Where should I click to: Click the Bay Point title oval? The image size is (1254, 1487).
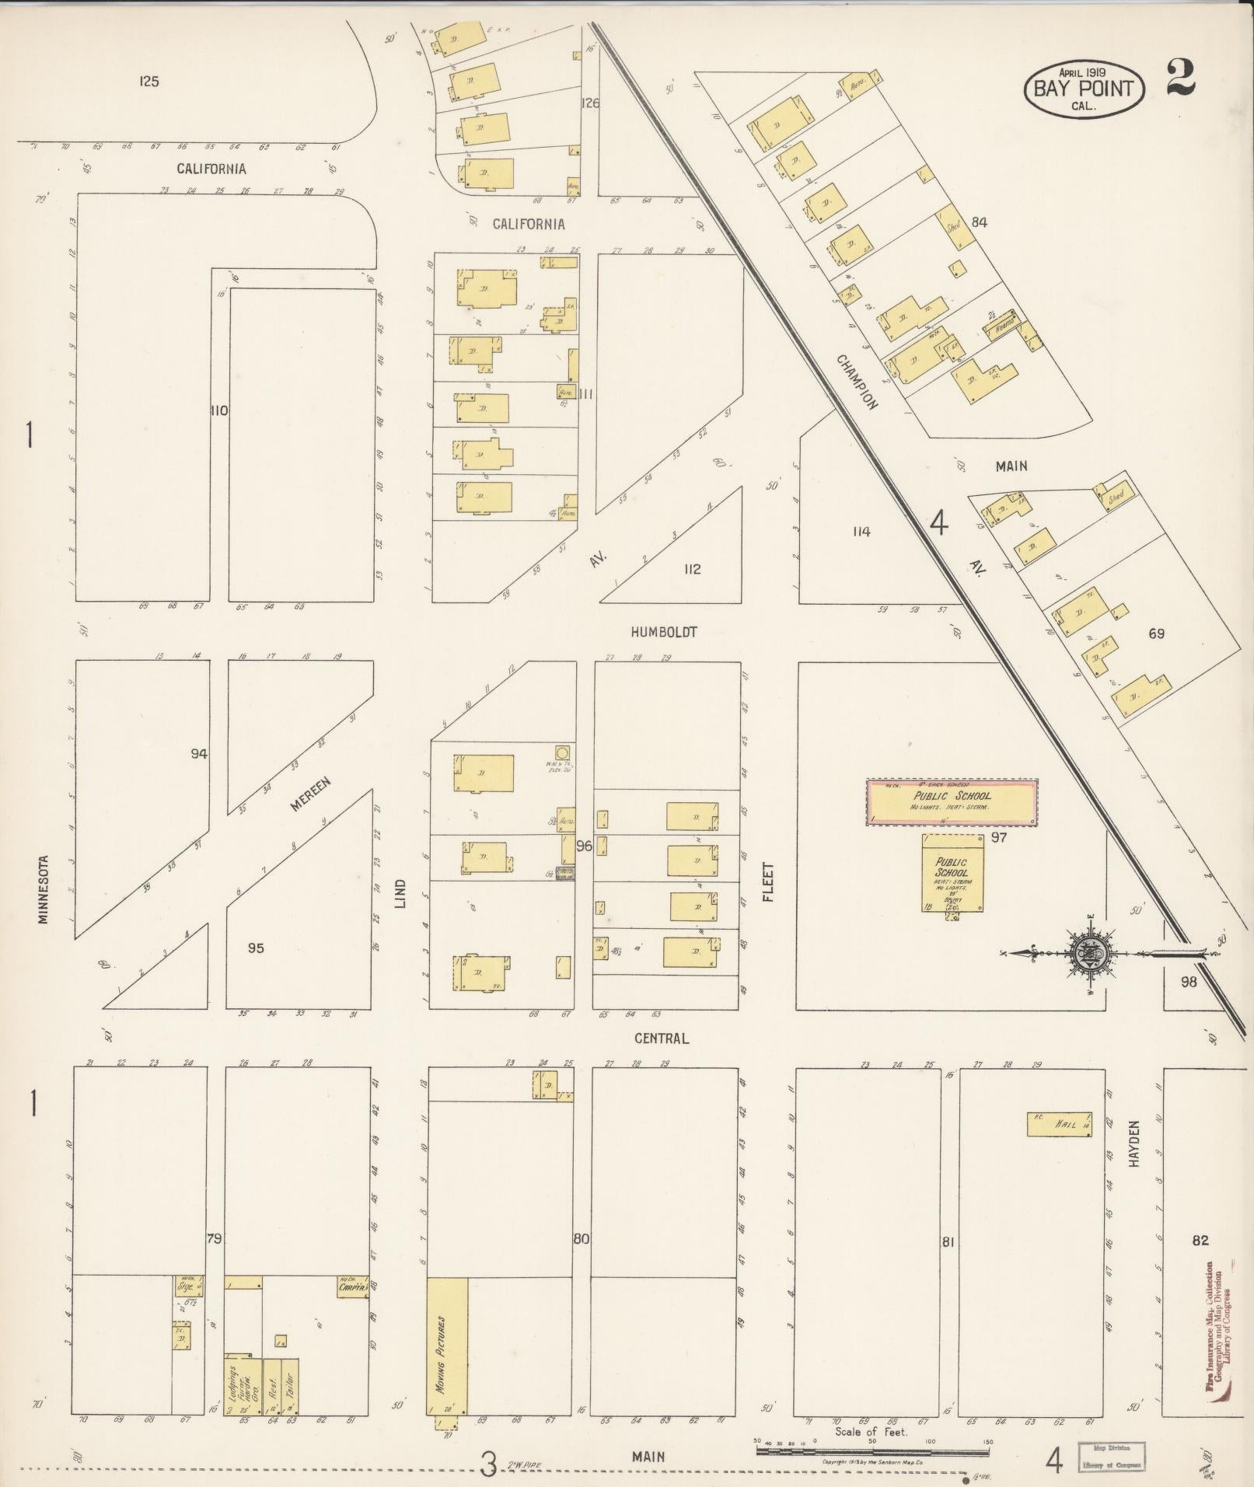click(1083, 89)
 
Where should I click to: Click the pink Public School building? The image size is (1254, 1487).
click(952, 803)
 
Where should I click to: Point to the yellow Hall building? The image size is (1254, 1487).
click(1059, 1146)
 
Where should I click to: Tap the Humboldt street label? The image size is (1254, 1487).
click(663, 632)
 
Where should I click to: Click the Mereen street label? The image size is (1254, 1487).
click(311, 794)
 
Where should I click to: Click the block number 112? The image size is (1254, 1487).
click(692, 569)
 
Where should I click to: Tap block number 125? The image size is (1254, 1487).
click(149, 81)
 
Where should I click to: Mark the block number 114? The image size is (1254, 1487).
click(861, 532)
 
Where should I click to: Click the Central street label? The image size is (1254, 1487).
click(662, 1038)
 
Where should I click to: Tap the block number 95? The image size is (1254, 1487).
click(256, 948)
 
